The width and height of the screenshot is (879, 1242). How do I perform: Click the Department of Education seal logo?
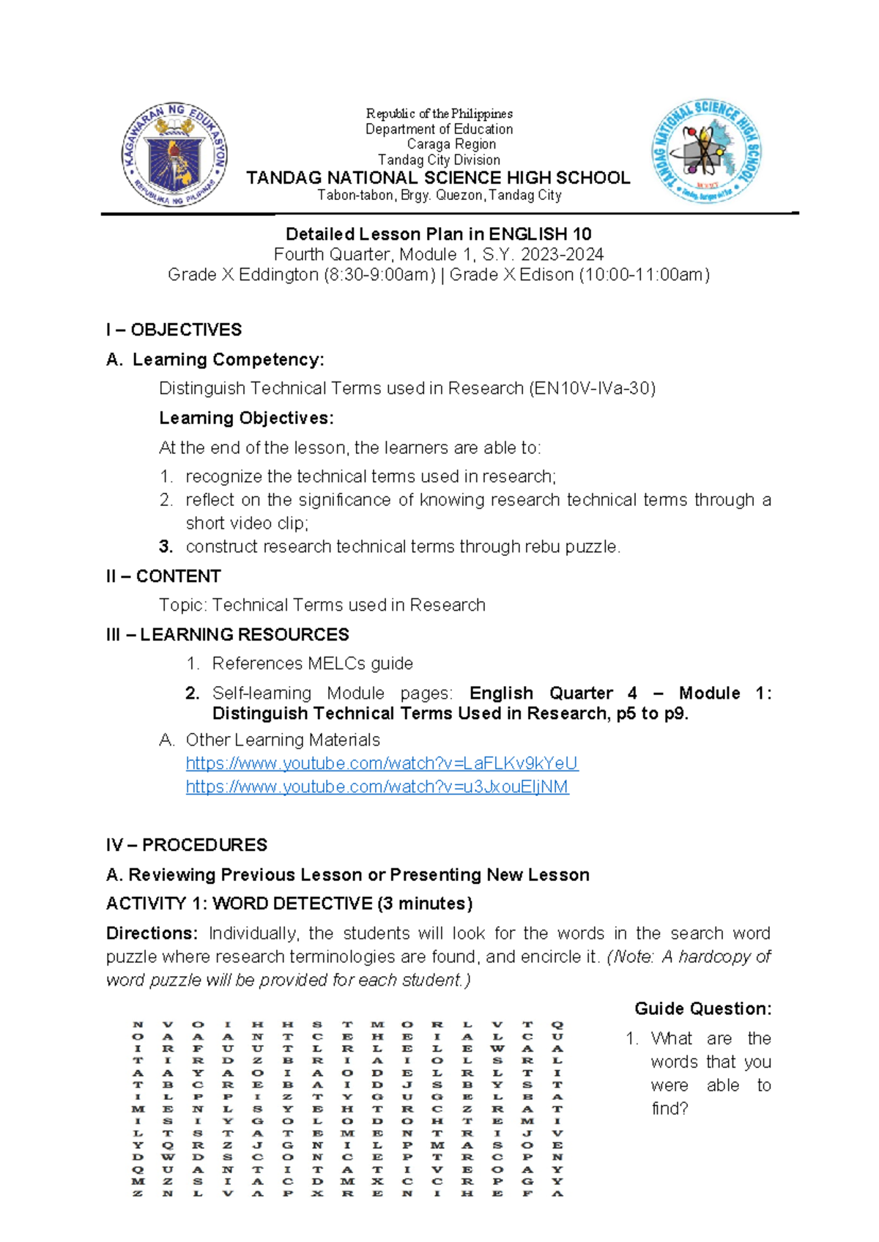[x=174, y=155]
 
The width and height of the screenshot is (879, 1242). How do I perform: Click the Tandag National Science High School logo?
[x=706, y=152]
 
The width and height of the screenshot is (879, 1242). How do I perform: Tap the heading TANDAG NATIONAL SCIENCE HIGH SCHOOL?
[x=438, y=178]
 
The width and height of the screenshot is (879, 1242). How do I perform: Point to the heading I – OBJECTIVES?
[x=174, y=330]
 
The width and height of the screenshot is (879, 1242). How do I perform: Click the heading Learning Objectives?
[x=246, y=418]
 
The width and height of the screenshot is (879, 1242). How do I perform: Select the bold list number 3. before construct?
[x=166, y=547]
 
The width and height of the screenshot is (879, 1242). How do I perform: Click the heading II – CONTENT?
[x=163, y=576]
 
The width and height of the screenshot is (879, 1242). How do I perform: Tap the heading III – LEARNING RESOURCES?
[x=227, y=634]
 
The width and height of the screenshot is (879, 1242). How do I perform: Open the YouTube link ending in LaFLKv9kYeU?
[x=382, y=763]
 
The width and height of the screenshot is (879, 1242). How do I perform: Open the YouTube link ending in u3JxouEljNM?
[x=377, y=787]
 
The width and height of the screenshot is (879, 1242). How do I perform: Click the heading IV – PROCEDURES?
[x=186, y=845]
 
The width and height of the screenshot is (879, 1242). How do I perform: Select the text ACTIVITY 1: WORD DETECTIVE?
[x=240, y=904]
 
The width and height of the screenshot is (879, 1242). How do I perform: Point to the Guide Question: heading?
[x=702, y=1008]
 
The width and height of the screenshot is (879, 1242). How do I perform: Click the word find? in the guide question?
[x=670, y=1109]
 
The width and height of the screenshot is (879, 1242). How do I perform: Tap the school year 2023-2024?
[x=562, y=255]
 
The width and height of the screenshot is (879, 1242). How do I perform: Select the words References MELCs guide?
[x=312, y=663]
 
